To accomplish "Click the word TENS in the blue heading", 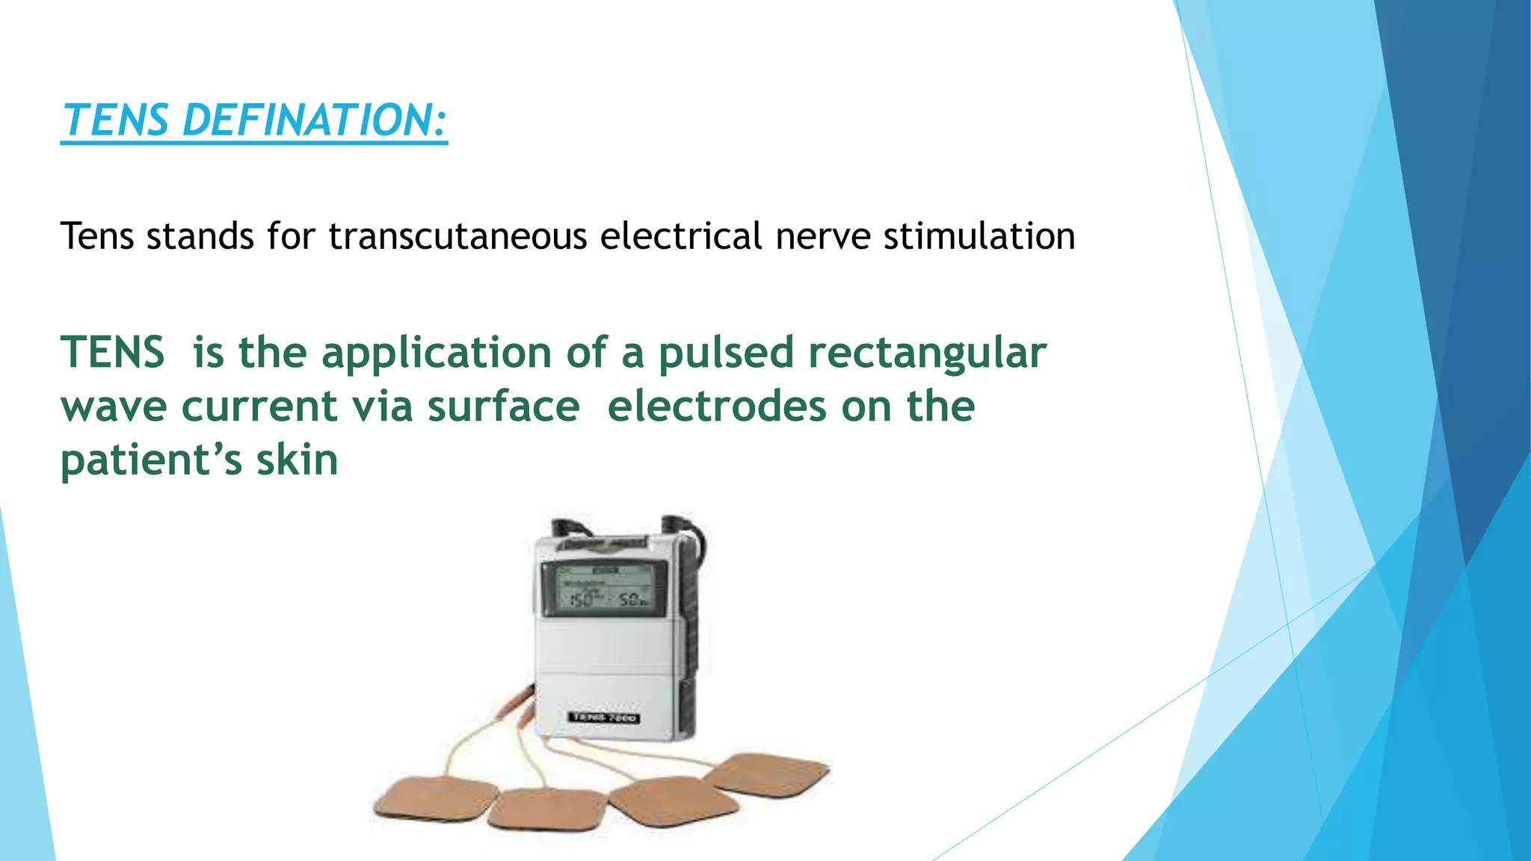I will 116,120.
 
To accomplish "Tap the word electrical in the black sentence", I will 680,236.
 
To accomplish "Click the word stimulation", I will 979,236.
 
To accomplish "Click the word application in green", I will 437,353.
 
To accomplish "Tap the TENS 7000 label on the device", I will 603,717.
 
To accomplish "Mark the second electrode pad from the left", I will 546,809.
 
